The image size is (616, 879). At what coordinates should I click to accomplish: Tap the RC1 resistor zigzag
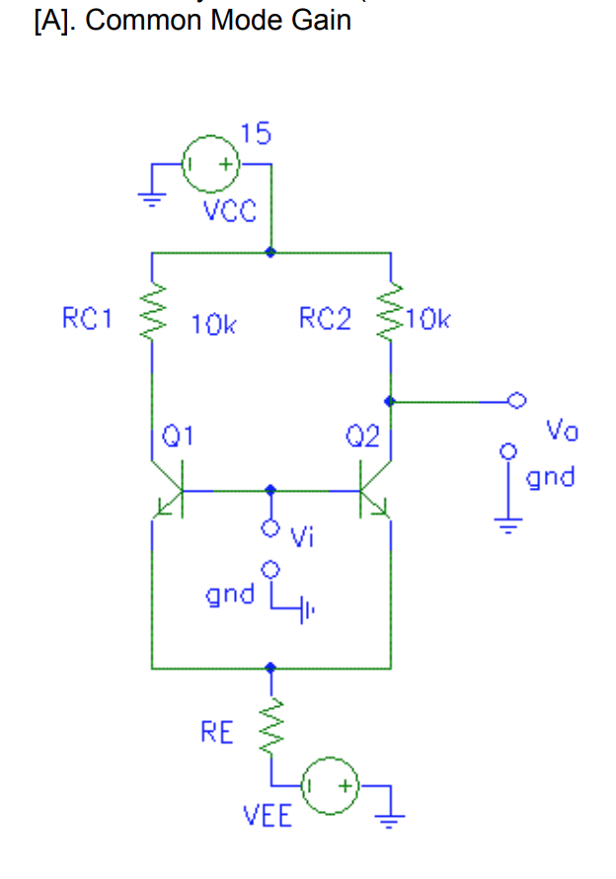[152, 317]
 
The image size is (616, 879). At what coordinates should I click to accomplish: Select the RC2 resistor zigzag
[391, 316]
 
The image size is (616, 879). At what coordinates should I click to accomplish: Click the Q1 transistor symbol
[170, 492]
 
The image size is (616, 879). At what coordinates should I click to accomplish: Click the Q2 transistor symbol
[373, 492]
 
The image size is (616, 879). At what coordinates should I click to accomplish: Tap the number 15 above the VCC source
[255, 133]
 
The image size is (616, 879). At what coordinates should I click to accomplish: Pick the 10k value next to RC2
[427, 319]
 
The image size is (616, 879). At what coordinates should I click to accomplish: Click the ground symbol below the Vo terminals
[508, 523]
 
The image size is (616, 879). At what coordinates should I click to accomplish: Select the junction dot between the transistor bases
[270, 490]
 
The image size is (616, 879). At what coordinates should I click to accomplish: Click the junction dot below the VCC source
[270, 252]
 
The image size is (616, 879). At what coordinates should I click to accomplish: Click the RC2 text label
[324, 319]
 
